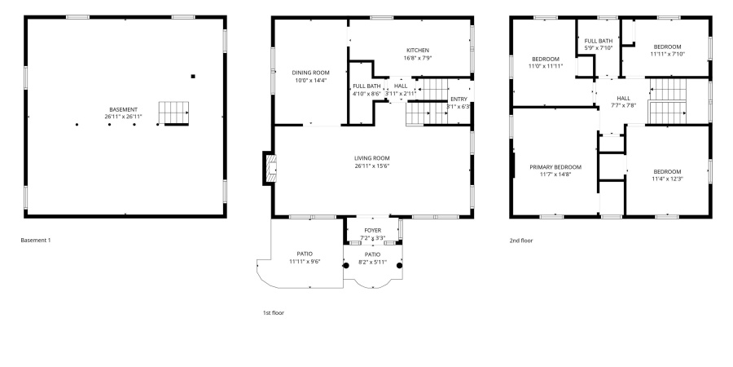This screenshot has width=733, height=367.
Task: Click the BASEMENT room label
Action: click(x=124, y=109)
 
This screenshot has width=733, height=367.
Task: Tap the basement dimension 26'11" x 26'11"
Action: click(x=124, y=117)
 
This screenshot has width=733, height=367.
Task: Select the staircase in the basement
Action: click(x=173, y=113)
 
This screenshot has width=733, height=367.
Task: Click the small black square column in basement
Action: click(x=193, y=77)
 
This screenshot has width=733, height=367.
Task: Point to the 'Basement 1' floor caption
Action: click(x=40, y=241)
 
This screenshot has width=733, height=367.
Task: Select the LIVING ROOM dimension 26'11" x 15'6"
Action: click(x=371, y=166)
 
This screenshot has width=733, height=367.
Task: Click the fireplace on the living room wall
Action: click(x=268, y=168)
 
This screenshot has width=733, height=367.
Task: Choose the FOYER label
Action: click(x=372, y=231)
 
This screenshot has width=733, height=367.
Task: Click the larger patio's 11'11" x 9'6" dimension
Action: click(x=305, y=262)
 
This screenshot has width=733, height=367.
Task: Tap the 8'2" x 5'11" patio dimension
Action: click(x=372, y=262)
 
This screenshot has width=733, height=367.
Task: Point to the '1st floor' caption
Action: click(x=273, y=312)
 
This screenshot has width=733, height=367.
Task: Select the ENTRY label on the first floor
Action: click(x=459, y=99)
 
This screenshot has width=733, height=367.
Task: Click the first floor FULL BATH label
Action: click(x=366, y=86)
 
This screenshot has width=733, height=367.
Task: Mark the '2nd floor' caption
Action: click(x=521, y=241)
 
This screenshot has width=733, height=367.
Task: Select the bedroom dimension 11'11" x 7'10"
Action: click(x=667, y=55)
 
